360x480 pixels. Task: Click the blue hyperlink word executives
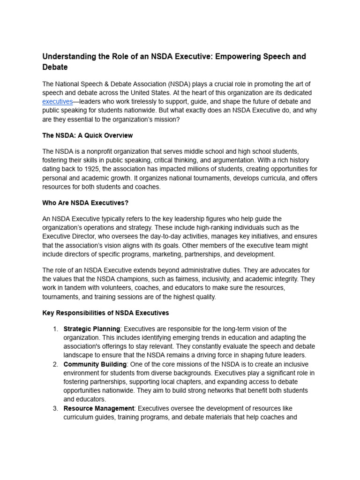pos(57,102)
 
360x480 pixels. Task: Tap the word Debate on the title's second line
pos(55,67)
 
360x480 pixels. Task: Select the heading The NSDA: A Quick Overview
pos(88,135)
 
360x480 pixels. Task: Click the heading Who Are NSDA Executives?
pos(85,202)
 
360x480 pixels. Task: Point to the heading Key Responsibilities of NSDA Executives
pos(105,313)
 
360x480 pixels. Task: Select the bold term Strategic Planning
pos(91,329)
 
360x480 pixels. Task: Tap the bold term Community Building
pos(95,364)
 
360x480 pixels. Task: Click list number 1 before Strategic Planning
pos(55,329)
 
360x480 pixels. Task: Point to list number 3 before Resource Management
pos(55,409)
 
